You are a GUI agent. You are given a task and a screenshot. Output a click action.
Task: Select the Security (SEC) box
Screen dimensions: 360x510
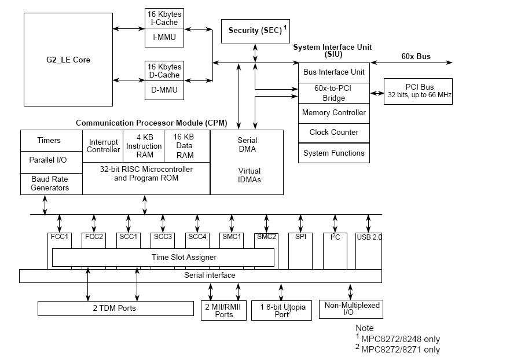pos(255,31)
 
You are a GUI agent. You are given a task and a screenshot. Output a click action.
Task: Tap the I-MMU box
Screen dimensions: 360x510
pos(164,38)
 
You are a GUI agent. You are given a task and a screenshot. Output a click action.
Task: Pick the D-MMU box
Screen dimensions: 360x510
pos(164,90)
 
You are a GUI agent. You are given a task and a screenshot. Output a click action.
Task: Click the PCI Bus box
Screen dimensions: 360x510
pos(418,90)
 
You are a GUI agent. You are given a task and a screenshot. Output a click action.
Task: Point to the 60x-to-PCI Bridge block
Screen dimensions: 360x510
pos(333,93)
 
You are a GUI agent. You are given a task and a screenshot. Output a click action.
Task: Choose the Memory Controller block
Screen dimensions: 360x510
pos(333,113)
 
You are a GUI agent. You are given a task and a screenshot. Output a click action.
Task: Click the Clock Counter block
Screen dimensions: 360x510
pos(333,133)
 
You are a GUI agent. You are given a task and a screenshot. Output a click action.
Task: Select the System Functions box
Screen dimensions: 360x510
pos(333,153)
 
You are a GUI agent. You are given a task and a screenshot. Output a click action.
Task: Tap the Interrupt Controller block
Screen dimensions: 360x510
pos(103,146)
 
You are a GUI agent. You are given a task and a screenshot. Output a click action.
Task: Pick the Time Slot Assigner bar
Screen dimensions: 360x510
pos(163,257)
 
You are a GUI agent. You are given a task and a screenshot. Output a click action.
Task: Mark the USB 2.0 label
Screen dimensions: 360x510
pos(369,237)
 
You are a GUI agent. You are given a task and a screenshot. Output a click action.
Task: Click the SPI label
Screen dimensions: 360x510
pos(301,237)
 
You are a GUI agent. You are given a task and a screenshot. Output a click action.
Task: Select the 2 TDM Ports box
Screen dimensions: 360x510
pos(115,308)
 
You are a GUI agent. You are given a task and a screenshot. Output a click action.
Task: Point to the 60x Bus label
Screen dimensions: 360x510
pos(416,57)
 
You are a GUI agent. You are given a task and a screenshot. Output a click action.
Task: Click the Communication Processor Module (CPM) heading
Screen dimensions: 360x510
pos(151,123)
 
